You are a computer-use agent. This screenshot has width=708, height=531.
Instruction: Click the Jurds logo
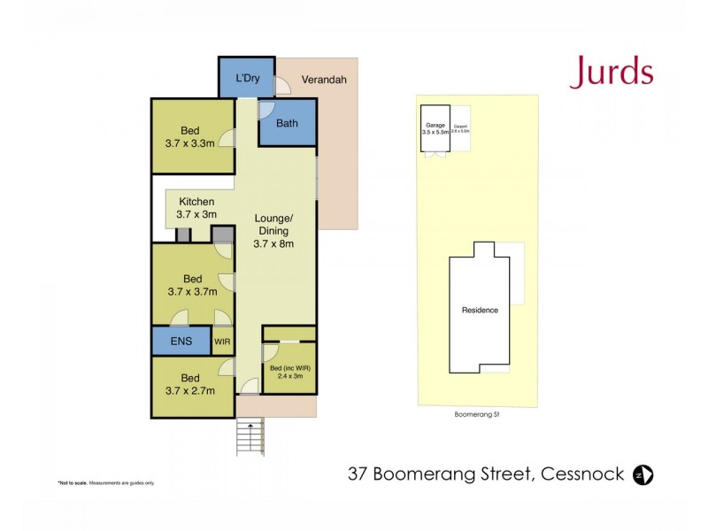[611, 72]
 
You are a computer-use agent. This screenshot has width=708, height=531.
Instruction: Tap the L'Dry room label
[247, 80]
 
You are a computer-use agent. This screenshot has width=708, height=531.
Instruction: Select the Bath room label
[287, 123]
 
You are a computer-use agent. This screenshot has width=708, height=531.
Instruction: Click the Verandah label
[324, 80]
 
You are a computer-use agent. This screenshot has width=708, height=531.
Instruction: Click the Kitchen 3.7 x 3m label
[196, 208]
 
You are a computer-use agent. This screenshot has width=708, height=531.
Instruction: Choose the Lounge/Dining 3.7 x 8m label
[274, 230]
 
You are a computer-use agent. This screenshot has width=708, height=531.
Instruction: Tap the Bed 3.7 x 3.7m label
[192, 284]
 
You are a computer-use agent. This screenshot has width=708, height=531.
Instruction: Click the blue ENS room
[181, 341]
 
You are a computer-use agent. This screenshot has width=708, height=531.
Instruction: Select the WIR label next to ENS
[223, 341]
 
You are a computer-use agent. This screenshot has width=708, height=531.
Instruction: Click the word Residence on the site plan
[480, 310]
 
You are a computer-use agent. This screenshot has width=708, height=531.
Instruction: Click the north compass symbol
[643, 475]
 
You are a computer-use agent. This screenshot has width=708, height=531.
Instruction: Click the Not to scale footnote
[106, 482]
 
